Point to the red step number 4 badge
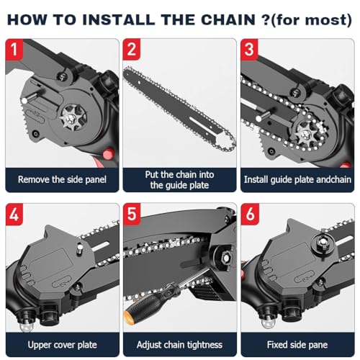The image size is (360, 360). [16, 214]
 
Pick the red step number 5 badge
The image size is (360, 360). [132, 214]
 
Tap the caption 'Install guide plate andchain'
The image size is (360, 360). [298, 179]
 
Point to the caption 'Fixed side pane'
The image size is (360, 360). [298, 344]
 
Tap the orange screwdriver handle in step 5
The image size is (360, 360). [133, 315]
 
